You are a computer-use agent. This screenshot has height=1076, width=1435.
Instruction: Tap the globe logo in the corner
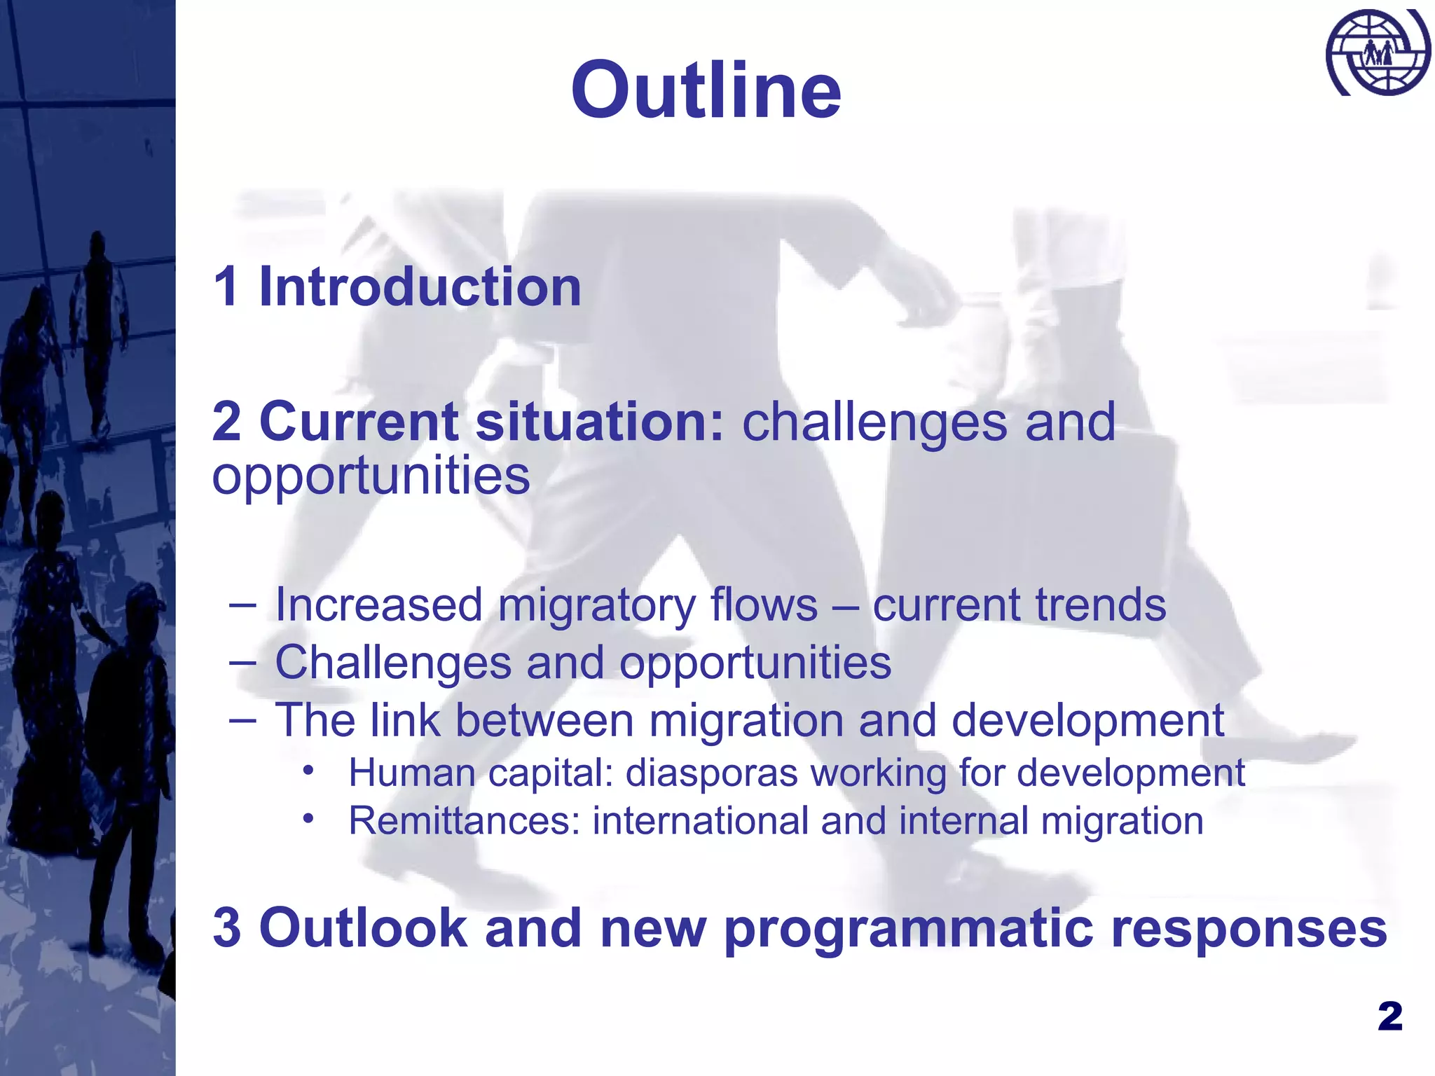pyautogui.click(x=1378, y=53)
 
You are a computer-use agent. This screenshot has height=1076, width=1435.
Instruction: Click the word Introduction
pyautogui.click(x=420, y=287)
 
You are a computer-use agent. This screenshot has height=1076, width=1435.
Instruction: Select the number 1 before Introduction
pyautogui.click(x=226, y=287)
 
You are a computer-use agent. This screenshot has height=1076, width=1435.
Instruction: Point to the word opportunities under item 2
pyautogui.click(x=371, y=476)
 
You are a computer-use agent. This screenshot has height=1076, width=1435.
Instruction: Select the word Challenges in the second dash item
pyautogui.click(x=393, y=663)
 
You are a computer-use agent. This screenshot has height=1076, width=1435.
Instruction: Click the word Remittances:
pyautogui.click(x=465, y=821)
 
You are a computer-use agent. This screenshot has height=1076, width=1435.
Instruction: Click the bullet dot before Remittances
pyautogui.click(x=308, y=818)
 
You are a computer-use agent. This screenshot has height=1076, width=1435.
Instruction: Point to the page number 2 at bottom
pyautogui.click(x=1390, y=1016)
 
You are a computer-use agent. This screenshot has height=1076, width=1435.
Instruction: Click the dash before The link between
pyautogui.click(x=242, y=720)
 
